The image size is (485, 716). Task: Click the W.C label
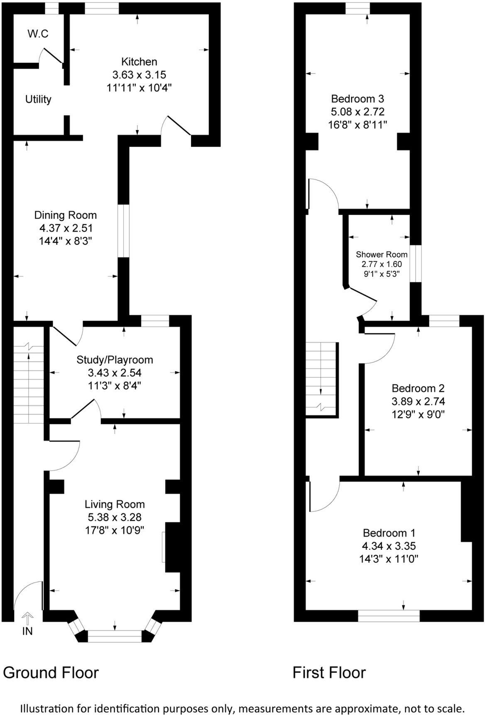tap(38, 34)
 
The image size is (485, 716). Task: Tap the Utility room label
tap(38, 99)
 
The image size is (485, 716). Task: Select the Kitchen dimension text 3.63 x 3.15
tap(139, 75)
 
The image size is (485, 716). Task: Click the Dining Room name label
tap(65, 215)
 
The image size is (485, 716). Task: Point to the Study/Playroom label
tap(115, 360)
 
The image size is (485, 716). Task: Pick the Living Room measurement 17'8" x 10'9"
tap(115, 530)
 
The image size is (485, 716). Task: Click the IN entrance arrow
tap(27, 618)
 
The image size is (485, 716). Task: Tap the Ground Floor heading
tap(51, 672)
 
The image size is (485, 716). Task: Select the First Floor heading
tap(329, 672)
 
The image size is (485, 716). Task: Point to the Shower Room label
tap(382, 255)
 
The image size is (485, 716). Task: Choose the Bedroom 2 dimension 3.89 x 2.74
tap(418, 401)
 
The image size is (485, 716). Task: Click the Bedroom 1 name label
tap(389, 533)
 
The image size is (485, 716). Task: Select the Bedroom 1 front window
tap(389, 615)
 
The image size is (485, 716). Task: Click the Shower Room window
tap(416, 263)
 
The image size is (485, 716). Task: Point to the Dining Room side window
tap(124, 231)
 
